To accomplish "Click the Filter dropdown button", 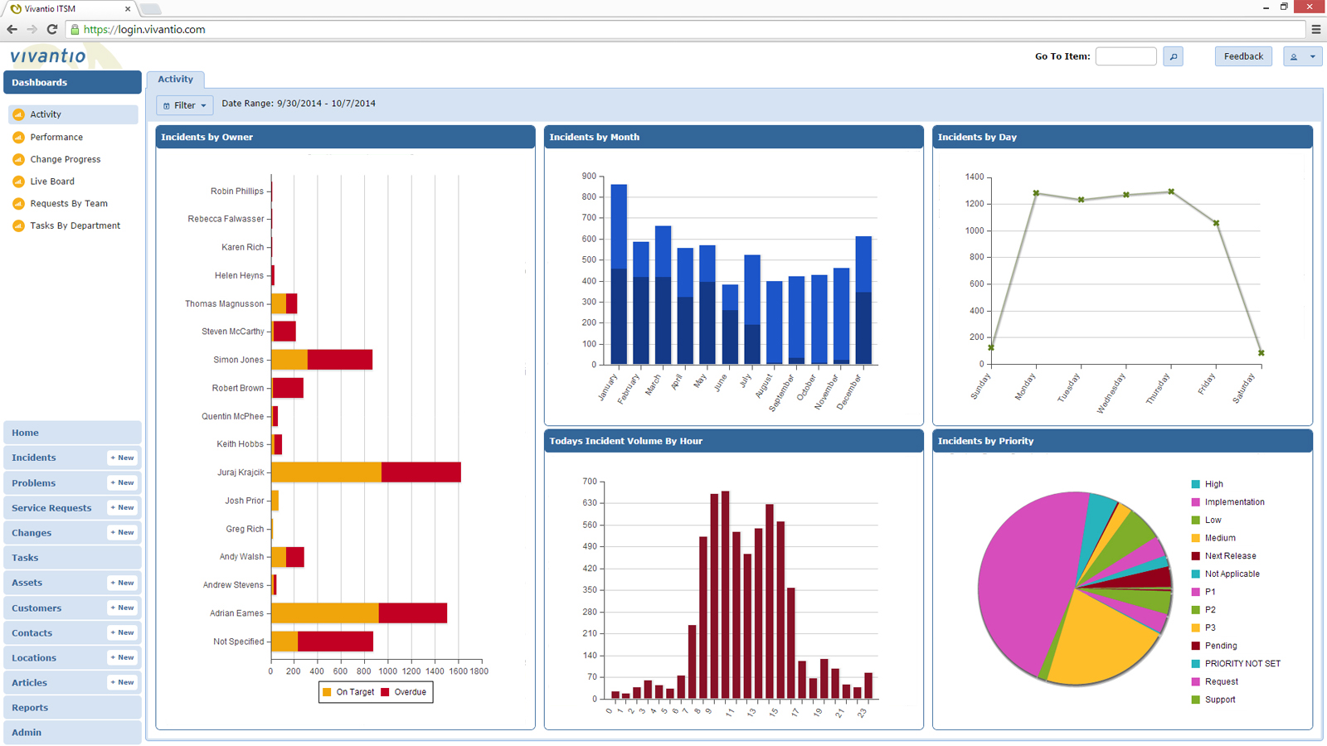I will click(184, 105).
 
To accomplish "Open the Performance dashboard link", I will click(56, 137).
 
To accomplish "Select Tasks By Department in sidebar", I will click(75, 225).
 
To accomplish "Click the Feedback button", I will click(1242, 56).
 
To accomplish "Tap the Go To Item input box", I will click(1125, 56).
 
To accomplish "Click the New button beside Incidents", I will click(122, 458).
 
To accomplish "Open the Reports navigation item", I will click(30, 708).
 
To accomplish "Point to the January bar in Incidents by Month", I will click(619, 274).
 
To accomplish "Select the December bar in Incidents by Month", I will click(863, 300).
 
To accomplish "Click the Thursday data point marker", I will click(1171, 191).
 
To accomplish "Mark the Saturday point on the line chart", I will click(1261, 353).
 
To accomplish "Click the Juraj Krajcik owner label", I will click(241, 472).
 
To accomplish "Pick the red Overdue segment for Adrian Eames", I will click(412, 613).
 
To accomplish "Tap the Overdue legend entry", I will click(404, 692).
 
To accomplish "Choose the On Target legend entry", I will click(348, 692).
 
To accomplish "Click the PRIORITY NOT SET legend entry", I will click(1242, 664).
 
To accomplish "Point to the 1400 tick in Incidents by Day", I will click(974, 177).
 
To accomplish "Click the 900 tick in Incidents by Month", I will click(589, 177).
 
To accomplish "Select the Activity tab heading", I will click(175, 80).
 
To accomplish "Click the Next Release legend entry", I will click(1229, 556).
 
